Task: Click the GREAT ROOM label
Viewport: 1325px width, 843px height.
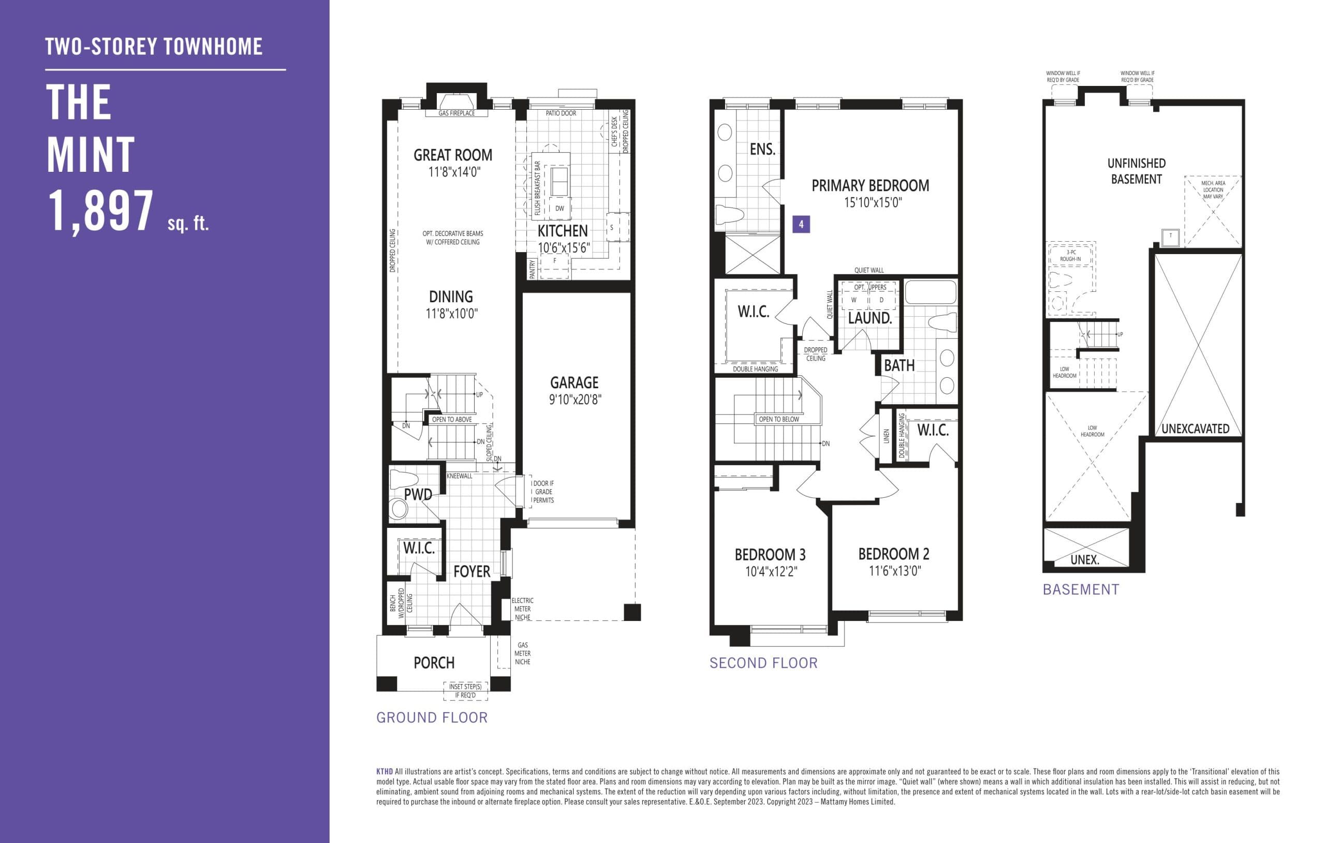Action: pos(452,155)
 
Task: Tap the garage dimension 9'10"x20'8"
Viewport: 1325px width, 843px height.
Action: pos(575,400)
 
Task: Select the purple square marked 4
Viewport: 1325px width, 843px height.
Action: pos(801,225)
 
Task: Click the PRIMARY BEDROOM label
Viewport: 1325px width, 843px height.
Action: pos(870,186)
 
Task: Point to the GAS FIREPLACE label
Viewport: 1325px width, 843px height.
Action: pos(456,113)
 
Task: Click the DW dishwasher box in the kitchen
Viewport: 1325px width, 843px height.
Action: pos(559,209)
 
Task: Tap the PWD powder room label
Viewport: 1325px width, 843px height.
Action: pos(418,495)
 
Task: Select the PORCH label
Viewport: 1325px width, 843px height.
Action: pos(434,662)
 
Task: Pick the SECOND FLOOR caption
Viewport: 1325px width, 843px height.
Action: pos(763,663)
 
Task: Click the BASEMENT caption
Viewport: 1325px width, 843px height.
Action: pos(1080,590)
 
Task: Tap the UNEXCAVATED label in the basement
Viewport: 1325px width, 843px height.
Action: pos(1195,428)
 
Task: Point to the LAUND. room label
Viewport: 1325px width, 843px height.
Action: pos(870,318)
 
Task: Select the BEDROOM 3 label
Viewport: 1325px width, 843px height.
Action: pos(770,555)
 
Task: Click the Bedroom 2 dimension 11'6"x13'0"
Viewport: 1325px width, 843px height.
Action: pos(894,571)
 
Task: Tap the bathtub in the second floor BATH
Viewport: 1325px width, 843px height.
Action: pos(931,293)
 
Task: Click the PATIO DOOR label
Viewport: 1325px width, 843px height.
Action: pos(561,113)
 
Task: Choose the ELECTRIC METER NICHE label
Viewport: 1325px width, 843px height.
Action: pos(522,609)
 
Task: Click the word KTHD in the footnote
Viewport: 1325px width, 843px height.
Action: pos(384,772)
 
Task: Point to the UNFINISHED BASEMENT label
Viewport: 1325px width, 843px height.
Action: pos(1136,171)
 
